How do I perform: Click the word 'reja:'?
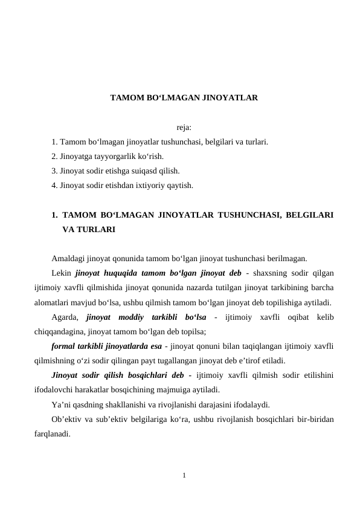tap(184, 128)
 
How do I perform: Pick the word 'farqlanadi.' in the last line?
tap(53, 433)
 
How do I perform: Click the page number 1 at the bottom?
tap(184, 475)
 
